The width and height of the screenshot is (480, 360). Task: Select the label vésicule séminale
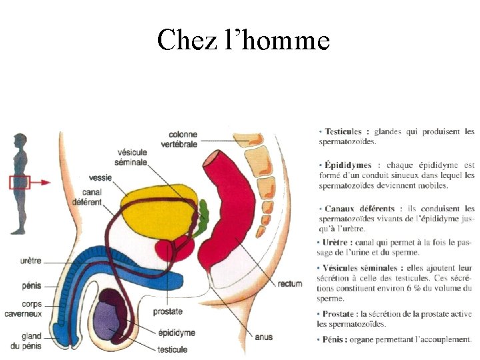pyautogui.click(x=131, y=157)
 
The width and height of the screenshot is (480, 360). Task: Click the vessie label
pyautogui.click(x=100, y=178)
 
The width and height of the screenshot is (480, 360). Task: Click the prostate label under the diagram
pyautogui.click(x=167, y=311)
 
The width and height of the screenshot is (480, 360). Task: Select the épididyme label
pyautogui.click(x=177, y=332)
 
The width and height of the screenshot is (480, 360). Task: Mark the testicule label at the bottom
pyautogui.click(x=172, y=349)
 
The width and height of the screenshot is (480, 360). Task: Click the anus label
pyautogui.click(x=263, y=337)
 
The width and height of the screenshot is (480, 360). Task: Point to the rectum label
pyautogui.click(x=289, y=284)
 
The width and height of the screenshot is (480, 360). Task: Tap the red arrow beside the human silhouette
pyautogui.click(x=41, y=181)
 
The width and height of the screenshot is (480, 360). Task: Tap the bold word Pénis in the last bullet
pyautogui.click(x=335, y=339)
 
